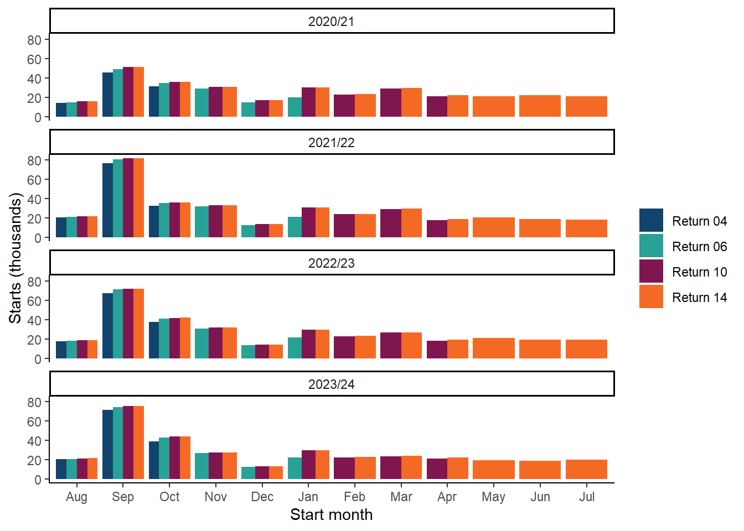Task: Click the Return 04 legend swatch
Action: (x=651, y=220)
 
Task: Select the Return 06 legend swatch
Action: (x=651, y=246)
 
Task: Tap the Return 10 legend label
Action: (x=699, y=272)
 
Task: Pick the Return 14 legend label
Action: (x=699, y=298)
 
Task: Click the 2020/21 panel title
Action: (x=331, y=22)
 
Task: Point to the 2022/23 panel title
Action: (x=331, y=263)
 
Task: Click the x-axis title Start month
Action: (x=331, y=514)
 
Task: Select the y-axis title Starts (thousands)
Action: (x=15, y=258)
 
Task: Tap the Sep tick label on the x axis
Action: (x=123, y=497)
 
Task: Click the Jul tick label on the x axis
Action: (x=587, y=497)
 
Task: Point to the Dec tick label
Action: (x=262, y=497)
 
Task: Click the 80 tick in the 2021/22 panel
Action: (x=34, y=161)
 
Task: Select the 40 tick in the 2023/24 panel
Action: (x=34, y=441)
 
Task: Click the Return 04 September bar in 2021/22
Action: (x=107, y=200)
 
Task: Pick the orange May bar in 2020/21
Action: (x=494, y=107)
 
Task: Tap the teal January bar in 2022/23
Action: (x=294, y=348)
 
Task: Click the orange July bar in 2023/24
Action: (x=586, y=470)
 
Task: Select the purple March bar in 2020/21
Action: (x=391, y=103)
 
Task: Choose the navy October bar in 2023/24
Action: (x=154, y=460)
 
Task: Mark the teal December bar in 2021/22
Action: (x=248, y=231)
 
